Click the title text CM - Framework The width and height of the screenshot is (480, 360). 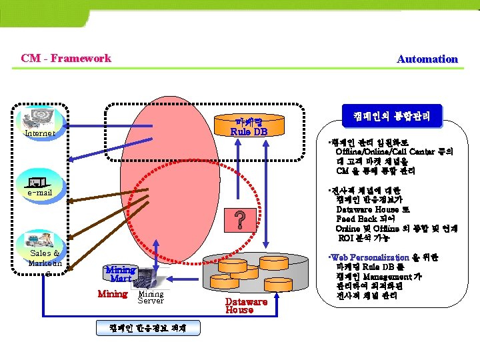[x=66, y=58]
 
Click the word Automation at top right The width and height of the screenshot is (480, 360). [x=427, y=59]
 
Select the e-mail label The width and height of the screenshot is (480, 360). [x=40, y=193]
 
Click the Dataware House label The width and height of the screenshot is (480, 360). [x=246, y=306]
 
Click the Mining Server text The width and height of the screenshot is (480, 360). [x=151, y=297]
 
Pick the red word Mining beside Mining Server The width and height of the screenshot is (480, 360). [x=112, y=294]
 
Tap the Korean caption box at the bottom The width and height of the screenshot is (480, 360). [x=147, y=328]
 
